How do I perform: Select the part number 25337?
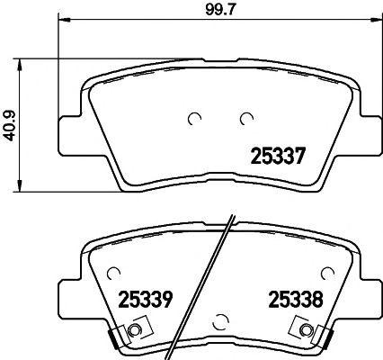[278, 156]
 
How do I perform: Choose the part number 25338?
[293, 299]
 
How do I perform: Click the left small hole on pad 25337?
[193, 118]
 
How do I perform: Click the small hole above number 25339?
[114, 271]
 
